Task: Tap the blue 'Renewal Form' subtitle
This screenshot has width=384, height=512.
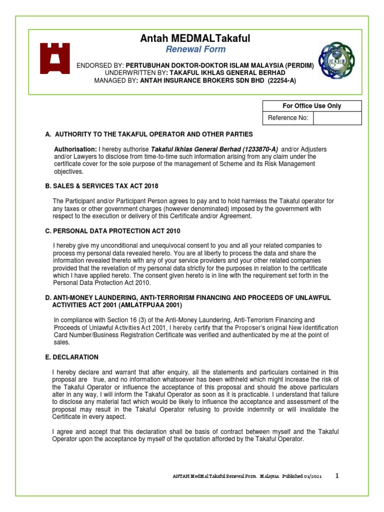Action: [x=195, y=49]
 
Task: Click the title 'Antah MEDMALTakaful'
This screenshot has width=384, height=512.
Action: [x=196, y=38]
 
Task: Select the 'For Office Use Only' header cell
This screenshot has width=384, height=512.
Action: [x=311, y=106]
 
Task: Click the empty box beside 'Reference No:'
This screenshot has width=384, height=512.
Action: [x=337, y=118]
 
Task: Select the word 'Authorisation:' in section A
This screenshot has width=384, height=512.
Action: [x=75, y=149]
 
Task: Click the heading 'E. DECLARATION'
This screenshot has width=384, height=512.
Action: [x=72, y=357]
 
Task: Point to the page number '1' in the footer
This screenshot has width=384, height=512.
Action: [x=337, y=475]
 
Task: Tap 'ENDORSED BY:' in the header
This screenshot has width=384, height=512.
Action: [x=99, y=66]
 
